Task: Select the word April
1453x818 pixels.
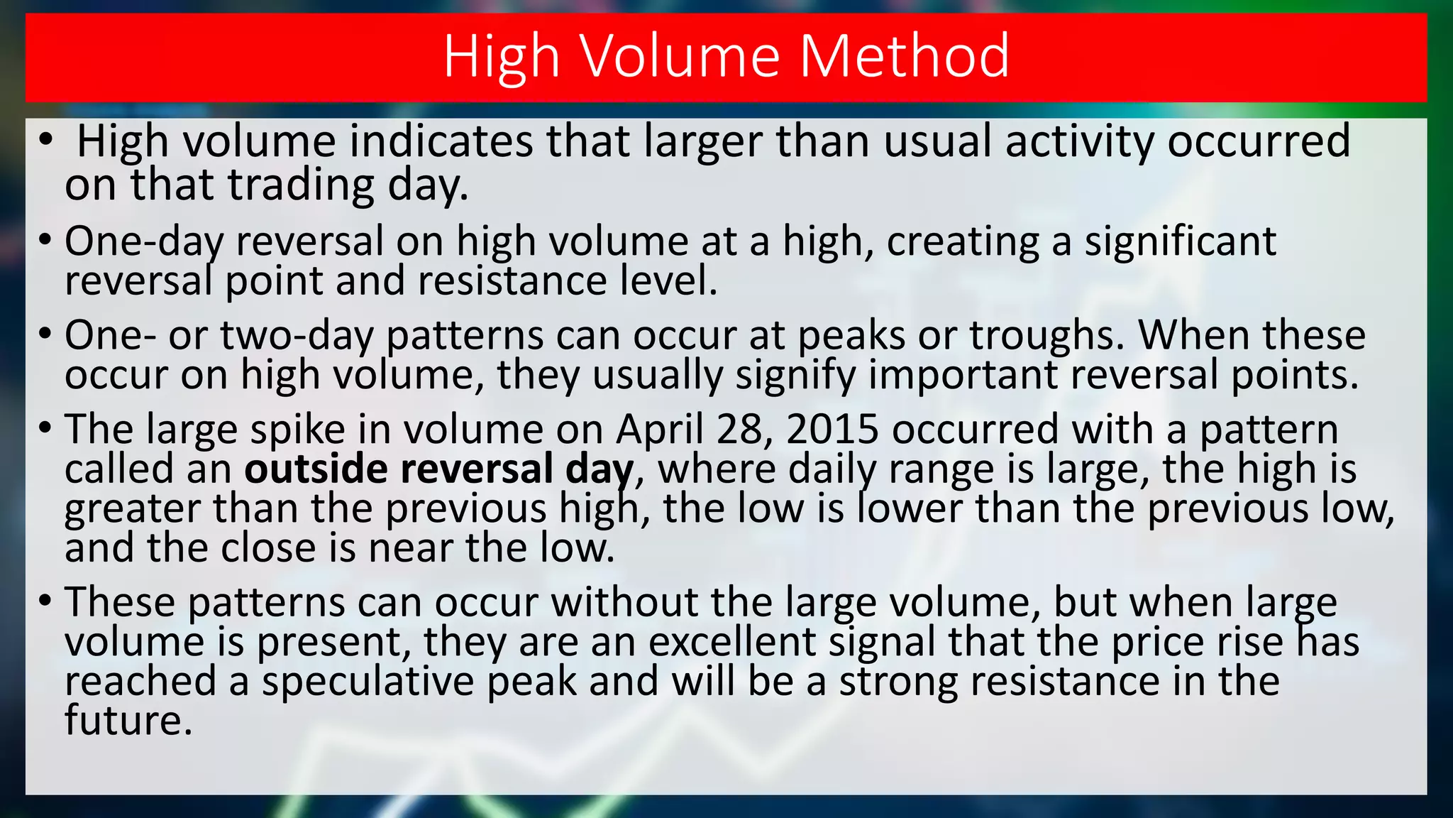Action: [x=659, y=430]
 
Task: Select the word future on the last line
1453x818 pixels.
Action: [x=128, y=720]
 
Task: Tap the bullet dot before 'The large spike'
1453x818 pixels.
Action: [x=46, y=429]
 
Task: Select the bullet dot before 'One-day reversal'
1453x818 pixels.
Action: [x=46, y=241]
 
